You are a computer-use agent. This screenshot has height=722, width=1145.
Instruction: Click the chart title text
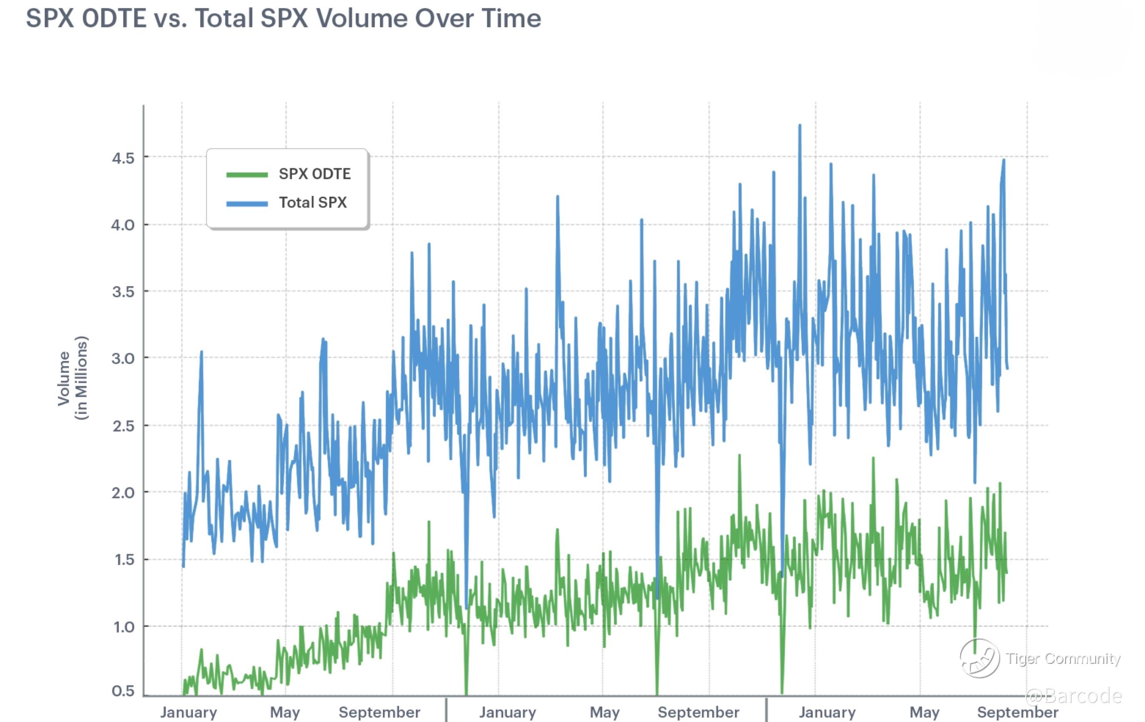[283, 19]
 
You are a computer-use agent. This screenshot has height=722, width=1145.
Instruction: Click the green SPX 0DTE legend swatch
[247, 174]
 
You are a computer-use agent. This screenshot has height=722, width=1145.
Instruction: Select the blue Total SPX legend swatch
[247, 203]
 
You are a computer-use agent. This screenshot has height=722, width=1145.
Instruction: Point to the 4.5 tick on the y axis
[123, 158]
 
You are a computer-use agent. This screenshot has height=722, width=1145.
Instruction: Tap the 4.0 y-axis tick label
[123, 225]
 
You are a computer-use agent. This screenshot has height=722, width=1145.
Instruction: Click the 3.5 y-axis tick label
[123, 292]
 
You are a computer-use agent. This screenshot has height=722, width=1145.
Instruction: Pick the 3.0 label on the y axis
[123, 358]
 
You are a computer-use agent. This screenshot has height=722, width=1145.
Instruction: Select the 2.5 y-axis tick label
[123, 426]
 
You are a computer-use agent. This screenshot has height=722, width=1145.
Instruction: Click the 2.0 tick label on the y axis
[123, 493]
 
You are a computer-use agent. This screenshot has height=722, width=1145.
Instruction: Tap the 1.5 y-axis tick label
[123, 560]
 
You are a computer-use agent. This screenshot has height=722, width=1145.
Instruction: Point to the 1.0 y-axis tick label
[123, 627]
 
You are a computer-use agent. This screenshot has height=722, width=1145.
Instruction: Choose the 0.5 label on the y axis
[123, 691]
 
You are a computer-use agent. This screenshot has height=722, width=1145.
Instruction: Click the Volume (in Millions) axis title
[72, 378]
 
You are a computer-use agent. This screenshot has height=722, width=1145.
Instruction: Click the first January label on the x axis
[188, 712]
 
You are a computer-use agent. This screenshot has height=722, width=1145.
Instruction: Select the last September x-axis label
[1018, 712]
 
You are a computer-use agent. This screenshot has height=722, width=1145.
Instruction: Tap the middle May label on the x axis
[605, 712]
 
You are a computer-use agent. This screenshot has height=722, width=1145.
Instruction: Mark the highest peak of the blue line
[800, 126]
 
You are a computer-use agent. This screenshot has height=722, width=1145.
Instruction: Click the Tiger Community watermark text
[1063, 658]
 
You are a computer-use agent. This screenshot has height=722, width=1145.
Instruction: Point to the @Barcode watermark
[1074, 696]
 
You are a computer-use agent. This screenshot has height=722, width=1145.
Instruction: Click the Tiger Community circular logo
[979, 658]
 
